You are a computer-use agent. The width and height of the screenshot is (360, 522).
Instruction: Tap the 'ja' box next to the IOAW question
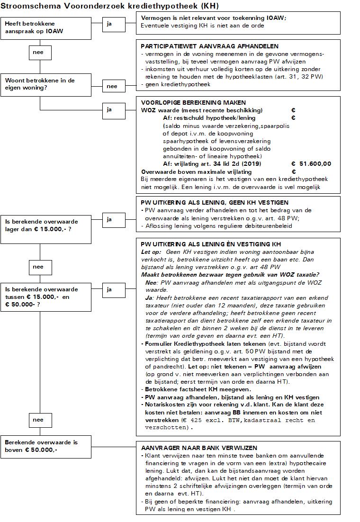pyautogui.click(x=109, y=24)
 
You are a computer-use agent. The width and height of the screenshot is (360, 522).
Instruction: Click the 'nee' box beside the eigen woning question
pyautogui.click(x=112, y=86)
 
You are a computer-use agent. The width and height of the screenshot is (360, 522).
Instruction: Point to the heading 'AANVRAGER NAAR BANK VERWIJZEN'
pyautogui.click(x=199, y=448)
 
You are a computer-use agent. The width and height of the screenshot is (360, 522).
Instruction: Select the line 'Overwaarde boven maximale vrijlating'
pyautogui.click(x=197, y=171)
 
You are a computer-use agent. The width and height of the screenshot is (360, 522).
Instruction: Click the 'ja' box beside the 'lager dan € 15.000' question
pyautogui.click(x=109, y=219)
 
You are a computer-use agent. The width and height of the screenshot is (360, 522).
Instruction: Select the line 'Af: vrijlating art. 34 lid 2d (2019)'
pyautogui.click(x=212, y=164)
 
